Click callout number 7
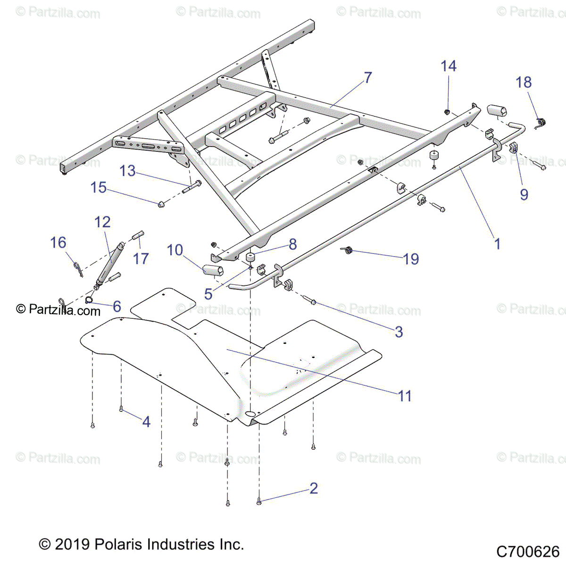(x=368, y=77)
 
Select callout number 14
(x=449, y=66)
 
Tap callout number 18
(x=524, y=83)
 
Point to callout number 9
(x=524, y=194)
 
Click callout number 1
(x=497, y=244)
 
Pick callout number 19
(x=411, y=258)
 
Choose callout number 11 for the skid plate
(x=405, y=396)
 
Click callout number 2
(x=314, y=488)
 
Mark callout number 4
(x=146, y=421)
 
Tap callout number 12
(x=102, y=222)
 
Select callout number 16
(x=58, y=242)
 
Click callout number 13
(x=127, y=171)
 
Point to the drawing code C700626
(x=528, y=551)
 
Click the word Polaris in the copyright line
(x=119, y=544)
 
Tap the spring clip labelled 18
(x=541, y=124)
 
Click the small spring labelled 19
(x=348, y=250)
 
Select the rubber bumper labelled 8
(x=250, y=258)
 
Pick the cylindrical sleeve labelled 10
(x=212, y=270)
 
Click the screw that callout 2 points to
(x=259, y=503)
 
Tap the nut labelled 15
(x=161, y=204)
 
